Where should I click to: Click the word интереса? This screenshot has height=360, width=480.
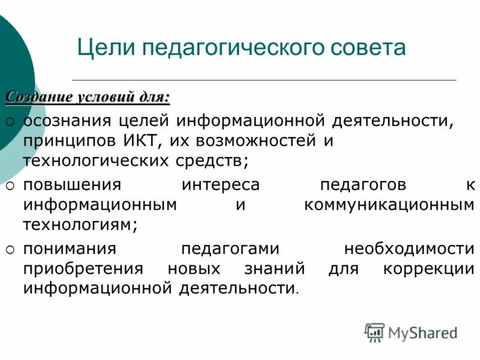click(220, 185)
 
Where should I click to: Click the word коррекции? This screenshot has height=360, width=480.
click(428, 268)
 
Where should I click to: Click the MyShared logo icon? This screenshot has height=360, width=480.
click(374, 332)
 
